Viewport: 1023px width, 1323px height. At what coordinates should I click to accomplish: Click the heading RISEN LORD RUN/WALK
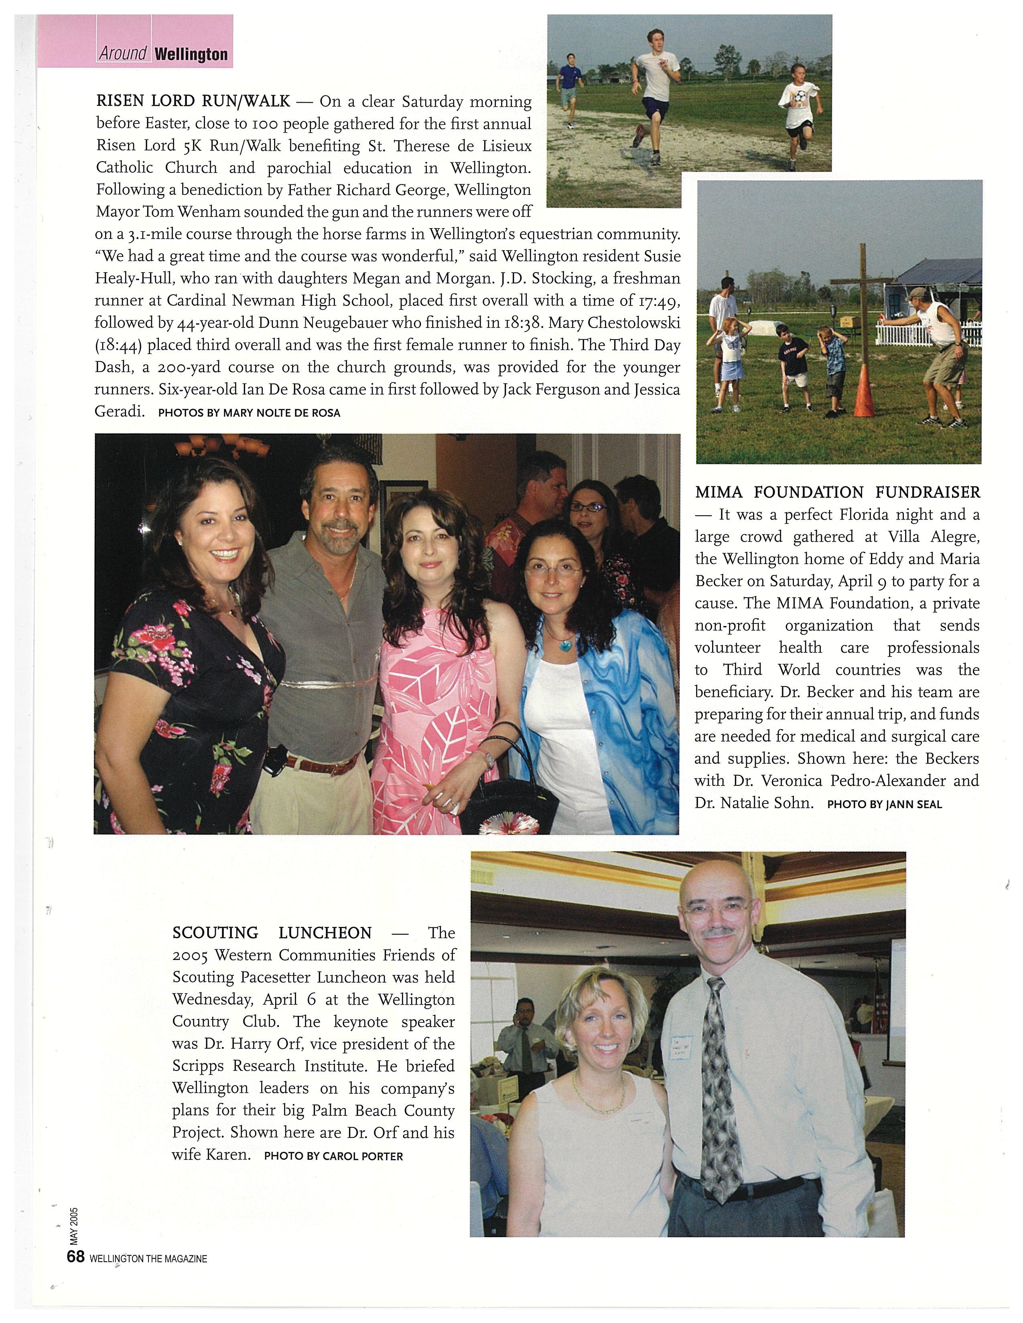coord(193,101)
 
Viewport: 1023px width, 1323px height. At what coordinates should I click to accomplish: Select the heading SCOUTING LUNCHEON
coord(272,933)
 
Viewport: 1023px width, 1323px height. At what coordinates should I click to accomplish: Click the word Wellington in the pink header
coord(191,55)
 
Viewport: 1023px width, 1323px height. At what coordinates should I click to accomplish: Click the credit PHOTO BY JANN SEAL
coord(884,805)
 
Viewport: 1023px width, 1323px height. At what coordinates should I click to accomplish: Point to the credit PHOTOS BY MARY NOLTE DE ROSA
coord(249,413)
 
